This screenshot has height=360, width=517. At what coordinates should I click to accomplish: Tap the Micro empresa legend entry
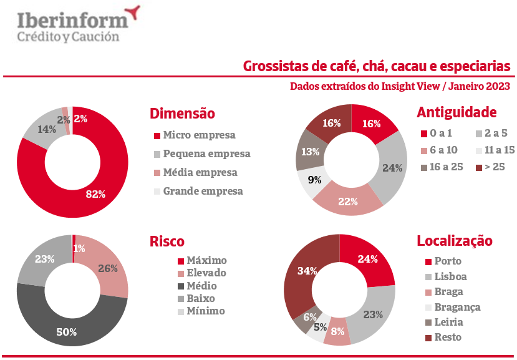tap(199, 135)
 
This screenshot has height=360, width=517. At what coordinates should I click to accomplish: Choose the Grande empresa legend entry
tap(203, 192)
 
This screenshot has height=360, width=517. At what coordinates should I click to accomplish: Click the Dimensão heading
tap(182, 114)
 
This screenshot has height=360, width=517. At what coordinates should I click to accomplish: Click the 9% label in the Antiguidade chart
tap(316, 181)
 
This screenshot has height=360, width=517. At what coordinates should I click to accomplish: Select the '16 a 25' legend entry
tap(447, 167)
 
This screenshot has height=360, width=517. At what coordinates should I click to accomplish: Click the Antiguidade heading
tap(457, 112)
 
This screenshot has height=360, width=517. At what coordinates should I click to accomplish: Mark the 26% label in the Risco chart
tap(108, 269)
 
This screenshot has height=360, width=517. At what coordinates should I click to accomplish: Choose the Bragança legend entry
tap(458, 307)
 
